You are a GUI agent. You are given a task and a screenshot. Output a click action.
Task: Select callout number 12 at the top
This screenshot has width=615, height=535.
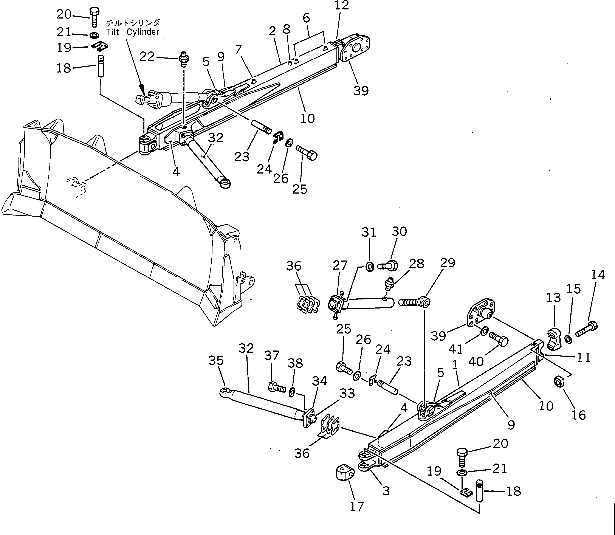[342, 5]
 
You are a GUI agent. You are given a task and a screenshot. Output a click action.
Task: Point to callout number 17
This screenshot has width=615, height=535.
[357, 507]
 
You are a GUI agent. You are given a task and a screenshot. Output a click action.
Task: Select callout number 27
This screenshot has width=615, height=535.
[340, 265]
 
